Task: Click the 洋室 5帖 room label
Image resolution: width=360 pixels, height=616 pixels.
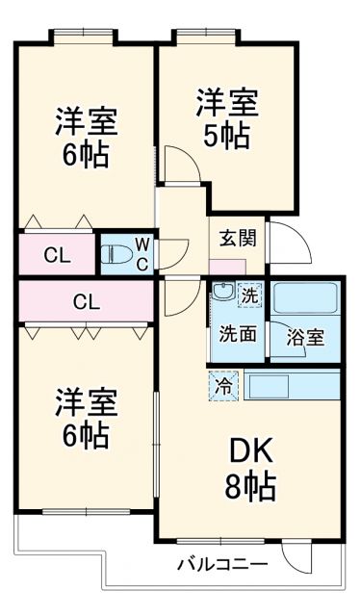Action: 228,117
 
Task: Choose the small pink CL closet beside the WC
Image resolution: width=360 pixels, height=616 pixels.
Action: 56,256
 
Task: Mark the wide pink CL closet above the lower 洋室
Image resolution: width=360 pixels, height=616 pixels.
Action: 85,302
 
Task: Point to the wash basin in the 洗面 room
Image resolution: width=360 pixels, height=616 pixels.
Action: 223,295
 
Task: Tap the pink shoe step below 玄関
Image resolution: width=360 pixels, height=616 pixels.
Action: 226,266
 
